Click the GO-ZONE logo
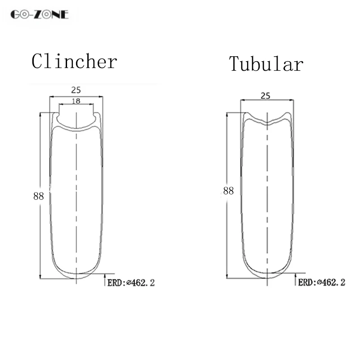tap(40, 14)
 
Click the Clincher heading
tap(74, 61)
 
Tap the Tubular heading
tap(266, 64)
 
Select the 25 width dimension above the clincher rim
tap(76, 90)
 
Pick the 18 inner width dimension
tap(76, 101)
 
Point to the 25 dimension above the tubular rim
tap(265, 96)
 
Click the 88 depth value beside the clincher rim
tap(38, 196)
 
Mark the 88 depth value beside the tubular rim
tap(229, 190)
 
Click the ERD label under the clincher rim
tap(131, 283)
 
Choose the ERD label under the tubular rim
tap(322, 282)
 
